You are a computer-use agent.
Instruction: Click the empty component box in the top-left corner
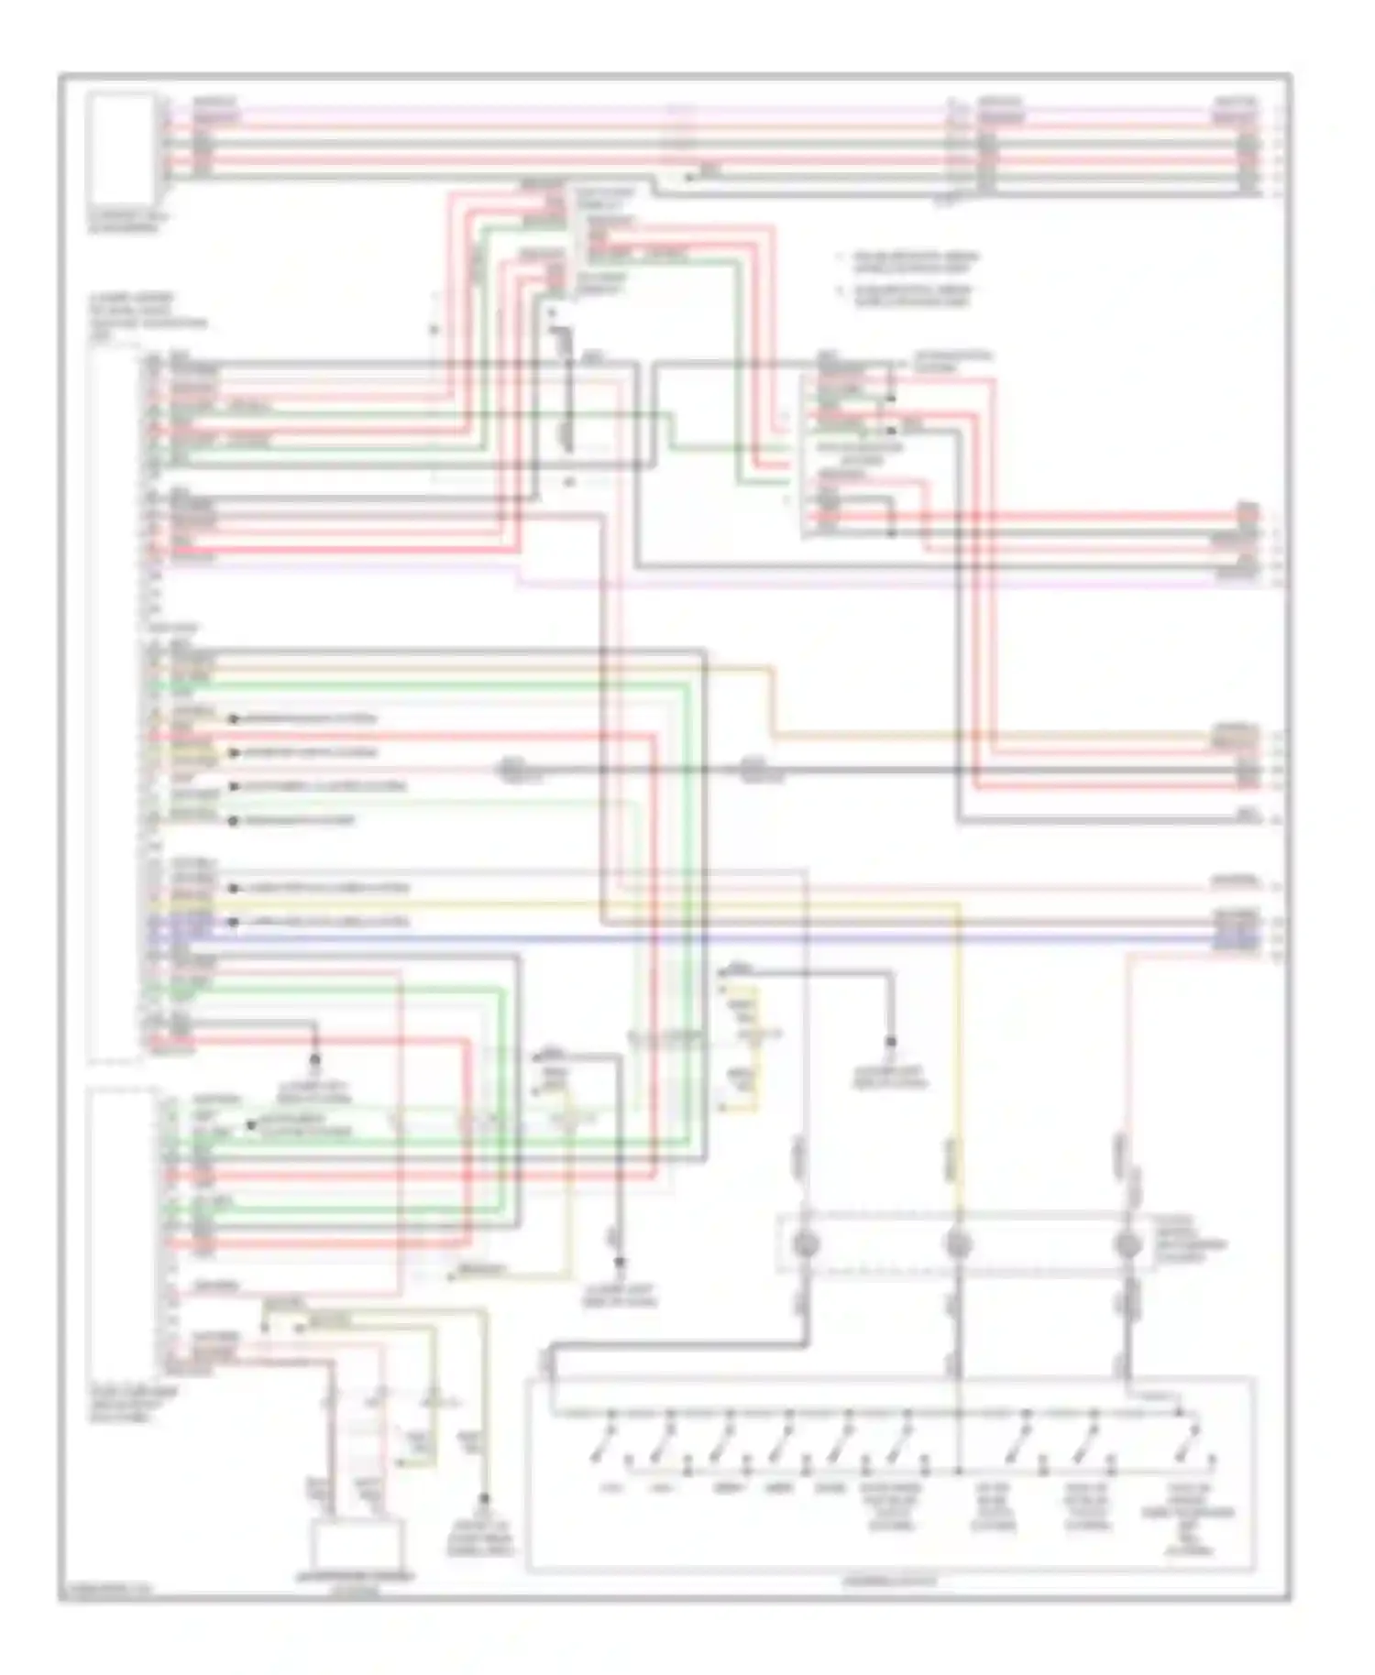[x=121, y=147]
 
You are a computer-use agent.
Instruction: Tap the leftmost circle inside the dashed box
[x=807, y=1244]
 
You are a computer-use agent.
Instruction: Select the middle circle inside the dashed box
[x=958, y=1244]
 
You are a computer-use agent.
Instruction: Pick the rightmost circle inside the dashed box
[x=1127, y=1244]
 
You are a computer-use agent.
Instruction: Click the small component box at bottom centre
[x=356, y=1546]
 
